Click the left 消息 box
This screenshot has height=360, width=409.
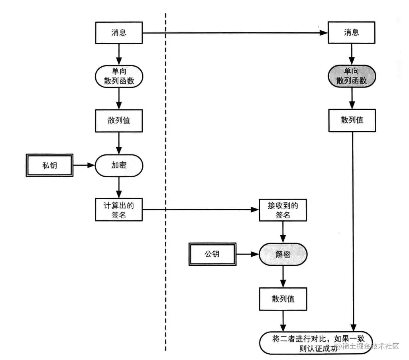point(119,33)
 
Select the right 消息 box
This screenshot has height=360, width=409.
point(351,32)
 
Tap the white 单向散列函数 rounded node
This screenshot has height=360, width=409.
point(119,76)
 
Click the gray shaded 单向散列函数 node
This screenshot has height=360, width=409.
point(352,76)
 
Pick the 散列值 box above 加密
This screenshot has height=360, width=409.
point(119,121)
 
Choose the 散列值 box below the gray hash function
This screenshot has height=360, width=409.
point(352,121)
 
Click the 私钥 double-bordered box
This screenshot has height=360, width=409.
point(49,165)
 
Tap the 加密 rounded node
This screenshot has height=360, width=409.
point(119,165)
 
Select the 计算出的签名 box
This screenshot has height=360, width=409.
point(119,210)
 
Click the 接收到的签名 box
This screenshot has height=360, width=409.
point(283,210)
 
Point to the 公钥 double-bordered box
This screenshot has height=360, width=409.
point(212,254)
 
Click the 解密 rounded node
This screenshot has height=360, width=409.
point(283,254)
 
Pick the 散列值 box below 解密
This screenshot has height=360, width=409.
point(283,299)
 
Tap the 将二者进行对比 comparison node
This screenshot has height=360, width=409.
point(316,343)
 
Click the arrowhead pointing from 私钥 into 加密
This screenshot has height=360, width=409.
point(91,165)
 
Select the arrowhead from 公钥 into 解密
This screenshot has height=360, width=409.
point(255,254)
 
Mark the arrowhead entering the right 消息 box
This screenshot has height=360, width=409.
point(324,33)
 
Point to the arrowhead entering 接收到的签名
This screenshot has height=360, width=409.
point(255,210)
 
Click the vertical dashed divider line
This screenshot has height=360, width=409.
point(166,182)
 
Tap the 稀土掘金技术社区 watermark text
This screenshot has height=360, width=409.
point(368,346)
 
